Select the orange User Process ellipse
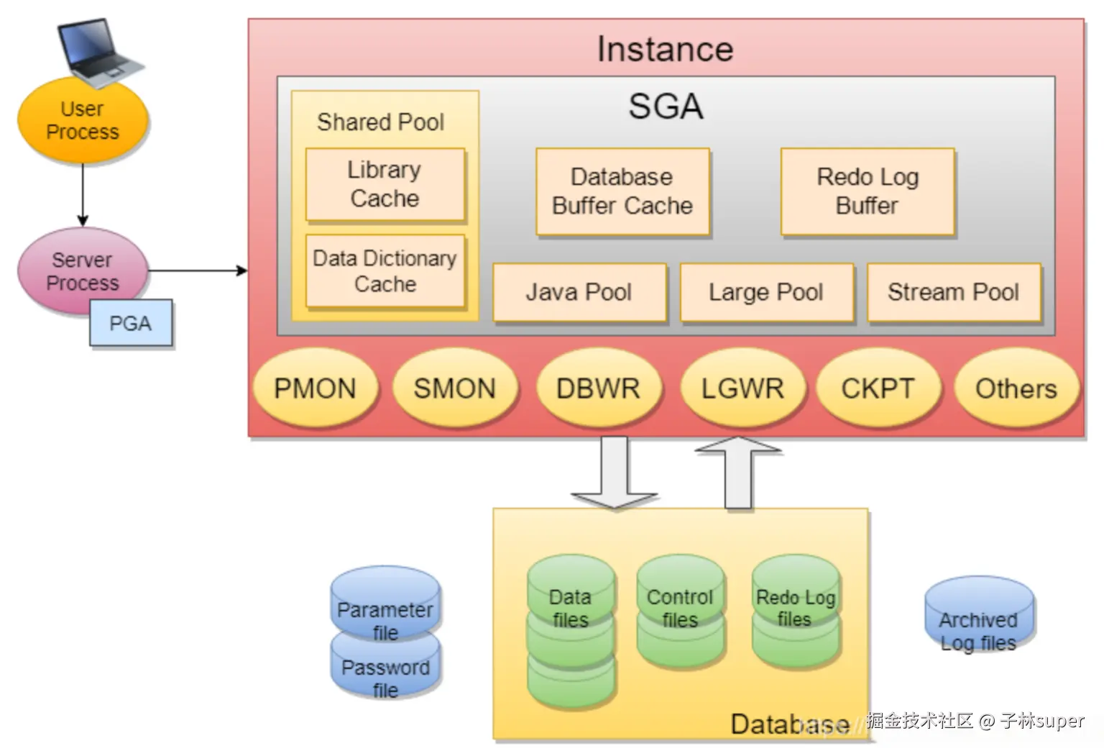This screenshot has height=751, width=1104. click(83, 121)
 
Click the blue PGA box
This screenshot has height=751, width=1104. click(131, 324)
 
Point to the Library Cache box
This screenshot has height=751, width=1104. click(385, 184)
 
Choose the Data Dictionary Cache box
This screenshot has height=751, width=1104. click(385, 271)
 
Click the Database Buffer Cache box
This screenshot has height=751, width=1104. click(622, 191)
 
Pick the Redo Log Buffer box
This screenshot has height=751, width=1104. click(868, 191)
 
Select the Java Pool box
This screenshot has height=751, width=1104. click(579, 292)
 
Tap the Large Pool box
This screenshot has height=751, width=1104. click(766, 292)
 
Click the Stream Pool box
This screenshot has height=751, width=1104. click(954, 292)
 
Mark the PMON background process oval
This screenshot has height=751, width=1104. click(316, 389)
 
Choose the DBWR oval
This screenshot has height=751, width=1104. click(598, 389)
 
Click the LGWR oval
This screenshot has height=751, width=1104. click(742, 389)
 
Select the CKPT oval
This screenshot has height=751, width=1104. click(878, 389)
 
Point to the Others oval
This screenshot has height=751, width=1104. click(1016, 389)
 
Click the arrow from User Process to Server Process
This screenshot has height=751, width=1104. click(83, 194)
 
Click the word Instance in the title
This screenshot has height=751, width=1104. click(666, 50)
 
